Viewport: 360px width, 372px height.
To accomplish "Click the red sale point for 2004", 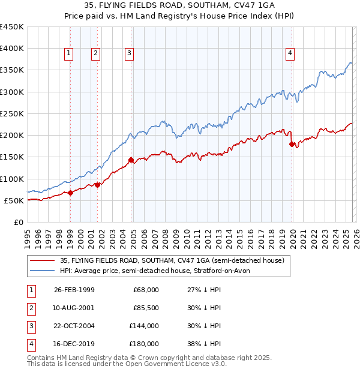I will pos(131,160).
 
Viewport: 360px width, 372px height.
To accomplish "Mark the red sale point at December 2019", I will pos(292,144).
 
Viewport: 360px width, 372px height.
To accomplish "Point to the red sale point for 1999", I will pos(70,193).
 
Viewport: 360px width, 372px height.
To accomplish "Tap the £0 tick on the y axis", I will pos(18,222).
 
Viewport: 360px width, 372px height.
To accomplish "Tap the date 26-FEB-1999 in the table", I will pos(74,290).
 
